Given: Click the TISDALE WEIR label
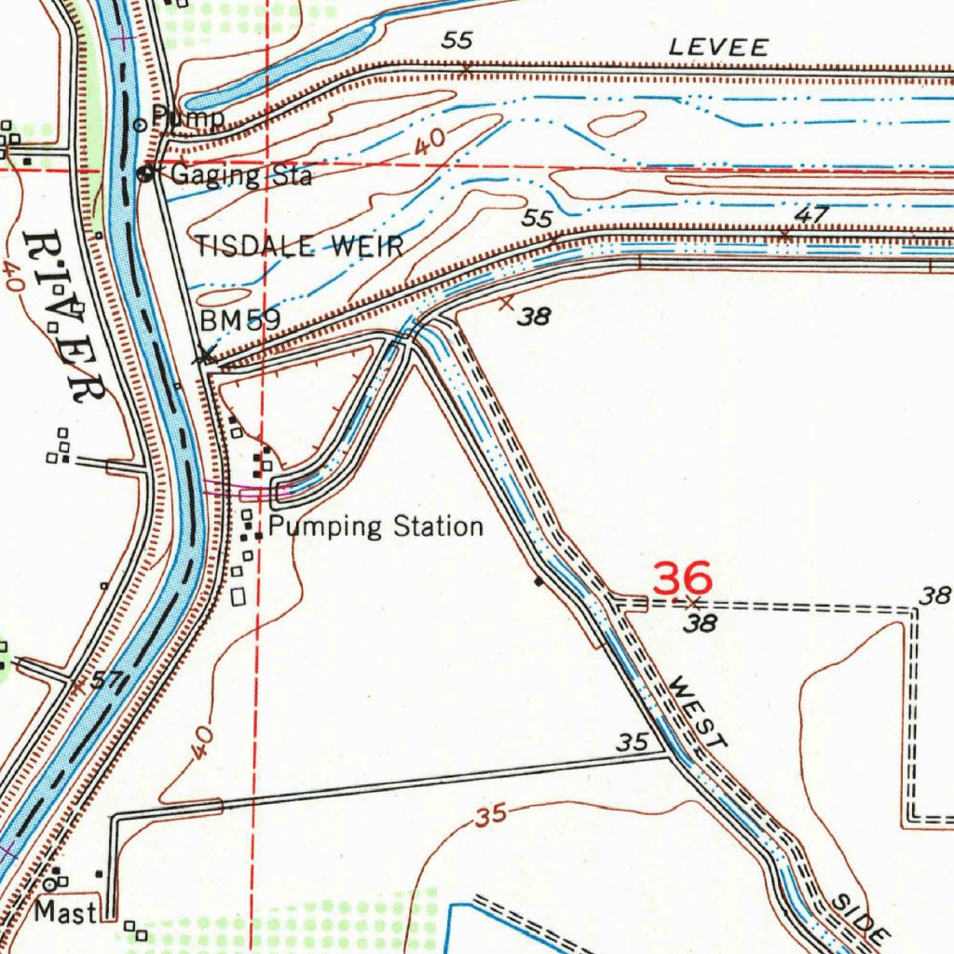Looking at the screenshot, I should (x=299, y=247).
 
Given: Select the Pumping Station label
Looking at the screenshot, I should (x=375, y=527).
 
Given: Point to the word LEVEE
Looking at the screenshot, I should (x=719, y=48).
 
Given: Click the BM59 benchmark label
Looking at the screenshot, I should (x=240, y=320).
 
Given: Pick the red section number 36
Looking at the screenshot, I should (x=683, y=579).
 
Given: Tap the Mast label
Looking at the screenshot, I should (x=65, y=911).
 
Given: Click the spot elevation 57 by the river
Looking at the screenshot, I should (x=108, y=681).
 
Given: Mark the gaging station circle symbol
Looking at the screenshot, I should (x=146, y=173).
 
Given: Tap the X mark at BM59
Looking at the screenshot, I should (x=205, y=355).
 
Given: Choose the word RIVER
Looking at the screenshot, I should (x=62, y=317).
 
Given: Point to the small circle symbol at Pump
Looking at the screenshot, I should (x=141, y=123).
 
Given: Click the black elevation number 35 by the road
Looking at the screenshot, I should (x=634, y=743).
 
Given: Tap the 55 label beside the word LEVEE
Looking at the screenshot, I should (x=458, y=40).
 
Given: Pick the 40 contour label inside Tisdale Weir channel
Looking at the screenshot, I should (x=429, y=143).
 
